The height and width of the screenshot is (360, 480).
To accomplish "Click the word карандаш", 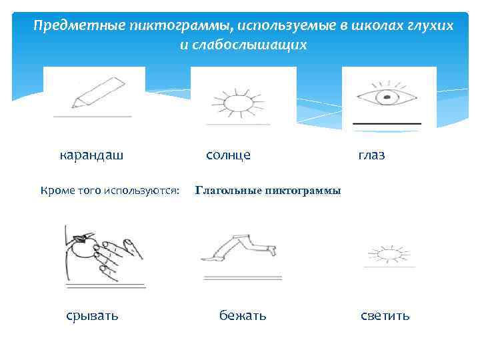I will point(91,156).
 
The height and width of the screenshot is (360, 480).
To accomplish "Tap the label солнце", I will point(228,155).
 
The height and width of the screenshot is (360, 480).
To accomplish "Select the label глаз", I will point(371,155).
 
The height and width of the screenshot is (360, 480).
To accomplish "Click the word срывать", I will point(92,315).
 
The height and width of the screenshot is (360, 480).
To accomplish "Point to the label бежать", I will point(243,315).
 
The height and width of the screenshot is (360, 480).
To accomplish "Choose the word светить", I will point(385,315).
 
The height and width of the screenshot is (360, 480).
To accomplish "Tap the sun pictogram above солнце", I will point(237,103).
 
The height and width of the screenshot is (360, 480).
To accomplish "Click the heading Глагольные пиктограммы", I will point(268,191).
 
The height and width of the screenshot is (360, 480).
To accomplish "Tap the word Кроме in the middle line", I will point(58,191).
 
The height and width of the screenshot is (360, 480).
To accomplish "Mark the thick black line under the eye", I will point(387,124).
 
